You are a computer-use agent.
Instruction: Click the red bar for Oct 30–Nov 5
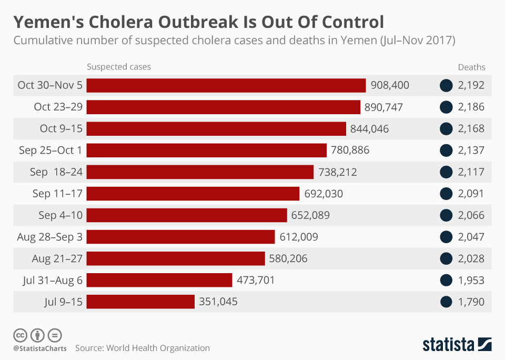[x=226, y=85]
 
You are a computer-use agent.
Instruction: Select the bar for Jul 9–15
[x=140, y=302]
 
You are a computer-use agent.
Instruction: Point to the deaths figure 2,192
[x=471, y=85]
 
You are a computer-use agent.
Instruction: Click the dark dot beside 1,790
[x=446, y=302]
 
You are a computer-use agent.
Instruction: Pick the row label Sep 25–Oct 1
[x=50, y=150]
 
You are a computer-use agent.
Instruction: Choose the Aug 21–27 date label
[x=57, y=258]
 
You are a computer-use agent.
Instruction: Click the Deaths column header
[x=471, y=67]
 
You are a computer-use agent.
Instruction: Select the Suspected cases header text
[x=119, y=67]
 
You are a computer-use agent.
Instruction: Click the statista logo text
[x=448, y=345]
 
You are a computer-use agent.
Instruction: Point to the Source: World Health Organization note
[x=142, y=348]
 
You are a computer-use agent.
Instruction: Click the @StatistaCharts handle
[x=40, y=348]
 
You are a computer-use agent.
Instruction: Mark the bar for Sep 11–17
[x=193, y=194]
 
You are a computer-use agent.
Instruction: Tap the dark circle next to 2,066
[x=446, y=215]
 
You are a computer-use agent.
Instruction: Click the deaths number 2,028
[x=471, y=258]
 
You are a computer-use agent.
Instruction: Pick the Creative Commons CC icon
[x=20, y=335]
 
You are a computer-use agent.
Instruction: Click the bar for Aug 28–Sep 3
[x=180, y=237]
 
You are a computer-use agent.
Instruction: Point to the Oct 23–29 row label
[x=58, y=107]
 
